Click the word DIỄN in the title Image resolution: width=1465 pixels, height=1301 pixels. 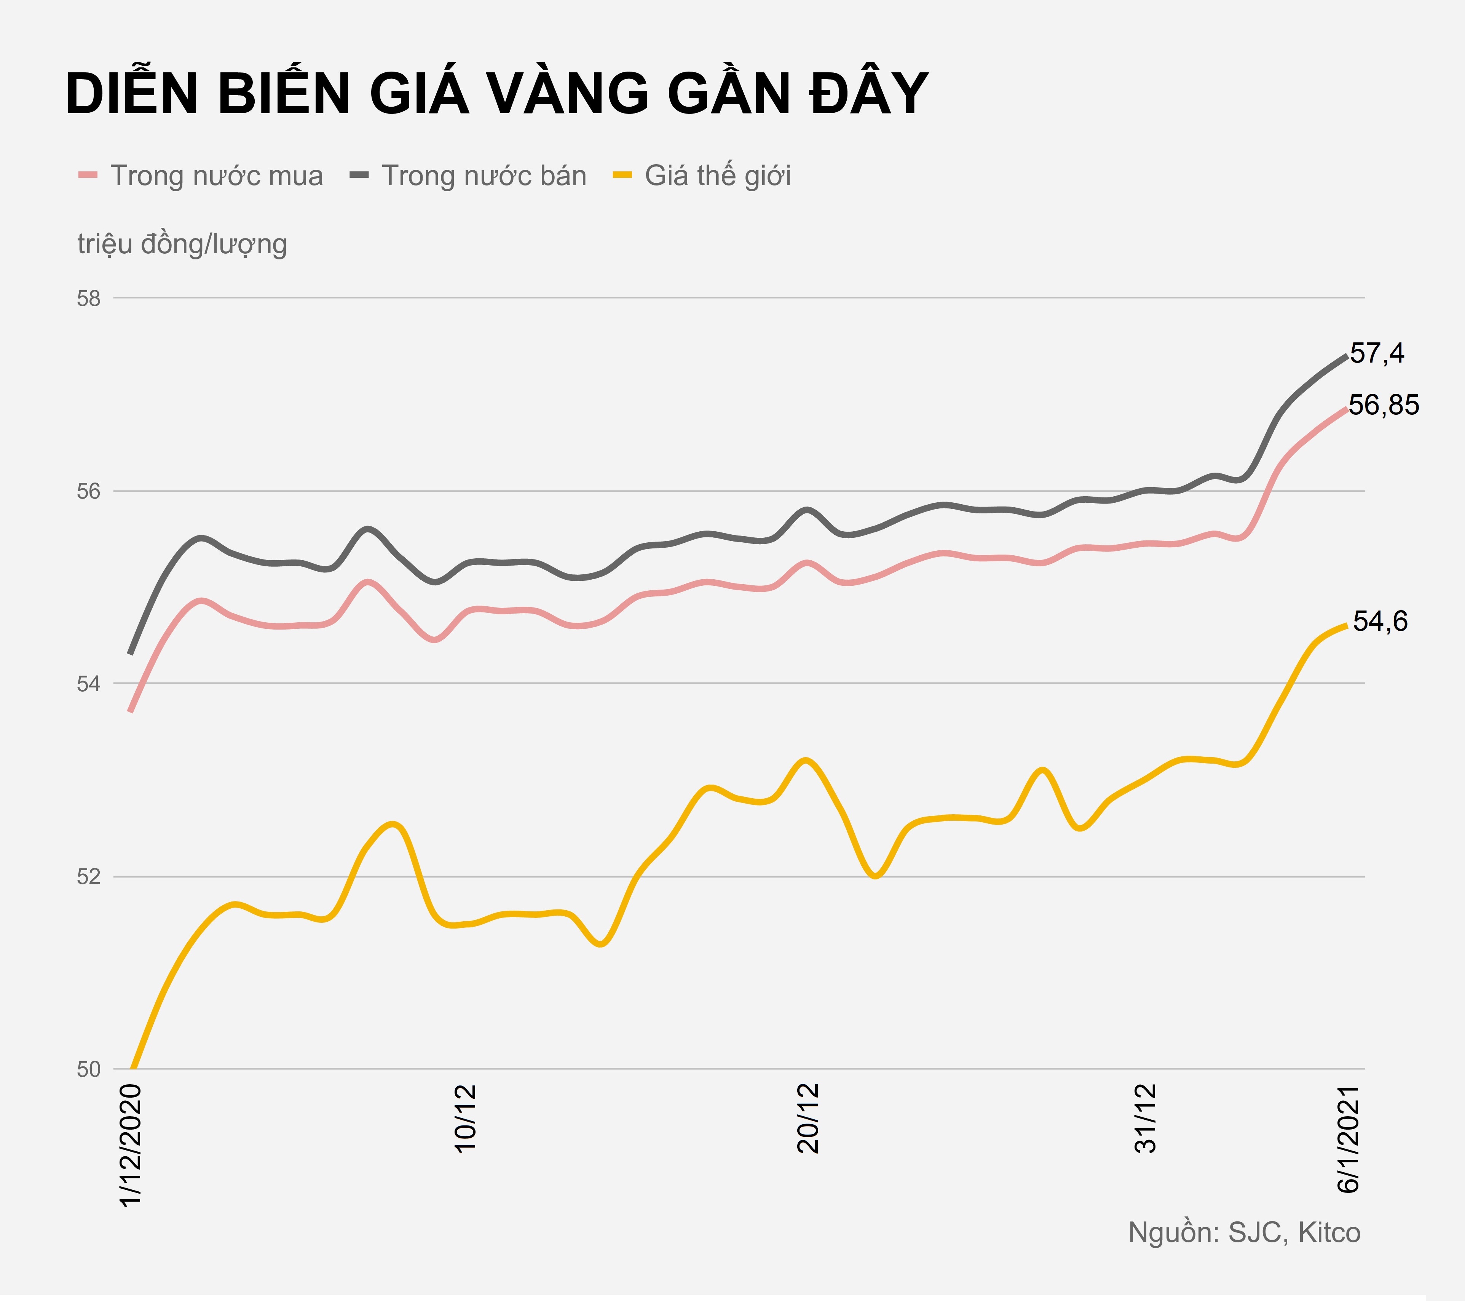click(131, 94)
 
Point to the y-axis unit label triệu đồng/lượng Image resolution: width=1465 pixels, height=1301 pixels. click(182, 245)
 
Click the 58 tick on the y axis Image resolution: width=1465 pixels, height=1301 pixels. click(89, 298)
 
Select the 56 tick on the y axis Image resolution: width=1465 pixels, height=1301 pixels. click(89, 492)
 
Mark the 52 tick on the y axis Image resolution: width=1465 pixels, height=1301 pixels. click(89, 877)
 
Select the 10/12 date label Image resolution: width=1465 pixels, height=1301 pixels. click(466, 1118)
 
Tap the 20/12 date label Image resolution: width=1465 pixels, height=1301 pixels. click(808, 1118)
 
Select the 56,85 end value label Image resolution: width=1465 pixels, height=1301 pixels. click(1383, 406)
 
